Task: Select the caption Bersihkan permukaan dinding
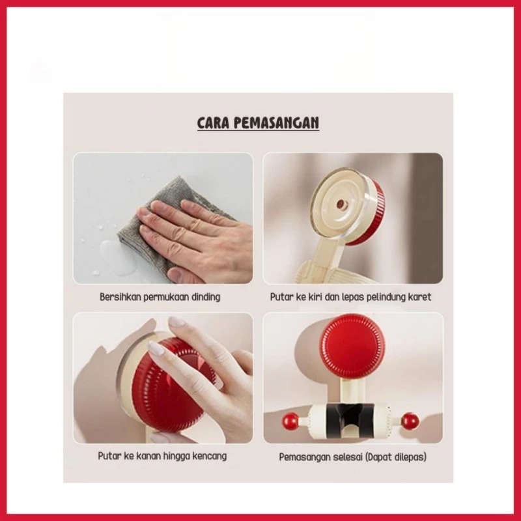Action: click(x=160, y=297)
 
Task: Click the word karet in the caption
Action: click(x=420, y=297)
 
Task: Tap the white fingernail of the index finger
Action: click(x=156, y=348)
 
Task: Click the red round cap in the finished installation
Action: click(x=353, y=346)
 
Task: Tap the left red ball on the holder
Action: click(x=290, y=421)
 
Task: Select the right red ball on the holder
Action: click(x=410, y=421)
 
